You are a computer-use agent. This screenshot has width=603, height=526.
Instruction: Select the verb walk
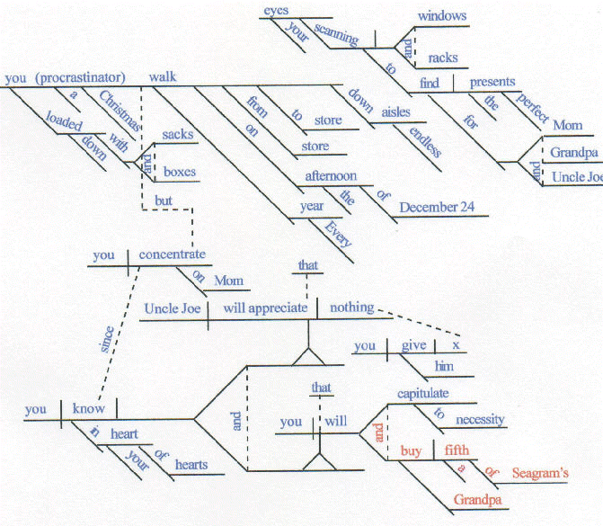163,77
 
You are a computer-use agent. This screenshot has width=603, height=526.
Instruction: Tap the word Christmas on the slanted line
115,113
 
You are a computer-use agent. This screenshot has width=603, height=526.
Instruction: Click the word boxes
179,170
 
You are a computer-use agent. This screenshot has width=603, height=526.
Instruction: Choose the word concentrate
173,254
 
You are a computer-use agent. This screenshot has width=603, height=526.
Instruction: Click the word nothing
351,308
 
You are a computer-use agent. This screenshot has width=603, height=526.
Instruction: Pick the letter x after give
456,345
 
